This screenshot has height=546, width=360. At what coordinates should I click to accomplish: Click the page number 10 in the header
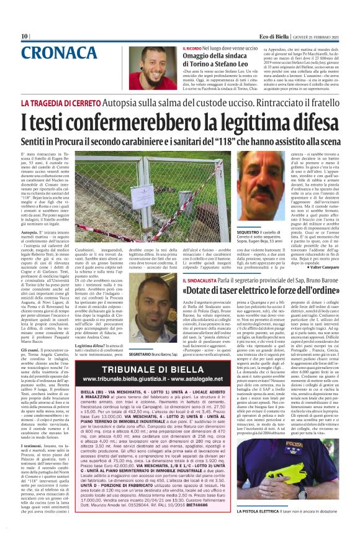[x=24, y=36]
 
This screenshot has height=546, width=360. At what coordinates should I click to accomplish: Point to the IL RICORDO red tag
[x=192, y=47]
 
